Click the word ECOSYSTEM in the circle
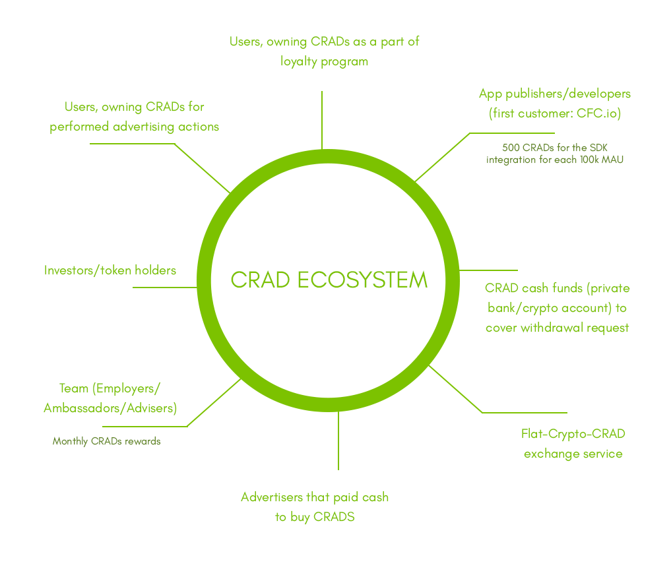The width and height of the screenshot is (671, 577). point(362,280)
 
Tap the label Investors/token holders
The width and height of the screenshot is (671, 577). point(110,270)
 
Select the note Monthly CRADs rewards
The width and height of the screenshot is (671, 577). point(106,441)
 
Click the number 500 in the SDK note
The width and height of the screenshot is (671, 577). point(513,147)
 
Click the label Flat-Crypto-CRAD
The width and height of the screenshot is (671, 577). point(573,433)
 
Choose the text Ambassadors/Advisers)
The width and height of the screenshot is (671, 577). point(110,408)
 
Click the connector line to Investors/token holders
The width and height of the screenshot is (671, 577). point(165,288)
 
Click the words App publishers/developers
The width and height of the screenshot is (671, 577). point(555,94)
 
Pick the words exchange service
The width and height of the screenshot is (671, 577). point(573,454)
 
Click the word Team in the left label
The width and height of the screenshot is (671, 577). point(74,388)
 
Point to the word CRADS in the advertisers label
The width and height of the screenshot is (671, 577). point(334,517)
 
